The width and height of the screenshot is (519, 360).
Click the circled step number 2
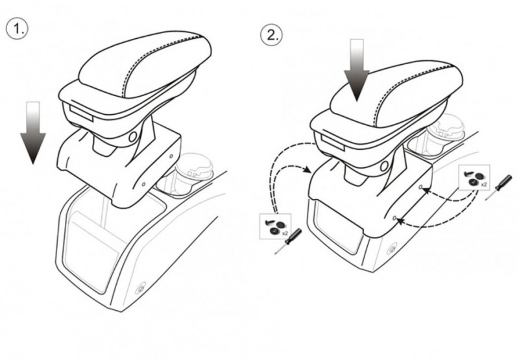pyautogui.click(x=271, y=34)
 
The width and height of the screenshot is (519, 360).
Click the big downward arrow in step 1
pyautogui.click(x=33, y=132)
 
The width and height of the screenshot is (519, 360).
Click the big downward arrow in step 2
pyautogui.click(x=356, y=70)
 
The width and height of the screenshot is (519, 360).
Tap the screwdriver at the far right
pyautogui.click(x=499, y=187)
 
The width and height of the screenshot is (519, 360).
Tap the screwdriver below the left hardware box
pyautogui.click(x=288, y=241)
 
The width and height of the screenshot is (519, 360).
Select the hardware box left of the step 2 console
pyautogui.click(x=275, y=226)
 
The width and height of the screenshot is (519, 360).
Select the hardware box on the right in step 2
pyautogui.click(x=474, y=177)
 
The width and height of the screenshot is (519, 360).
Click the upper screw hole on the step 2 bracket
pyautogui.click(x=420, y=187)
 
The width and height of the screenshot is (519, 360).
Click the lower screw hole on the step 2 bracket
pyautogui.click(x=394, y=218)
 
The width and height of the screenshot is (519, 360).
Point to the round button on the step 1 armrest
pyautogui.click(x=133, y=136)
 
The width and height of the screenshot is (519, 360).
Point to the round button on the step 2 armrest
pyautogui.click(x=384, y=166)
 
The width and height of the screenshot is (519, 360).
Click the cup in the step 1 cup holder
pyautogui.click(x=193, y=173)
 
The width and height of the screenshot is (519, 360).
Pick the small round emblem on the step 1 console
pyautogui.click(x=141, y=289)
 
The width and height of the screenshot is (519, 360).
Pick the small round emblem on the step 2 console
pyautogui.click(x=392, y=248)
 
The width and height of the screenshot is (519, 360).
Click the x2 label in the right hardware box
pyautogui.click(x=483, y=184)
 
